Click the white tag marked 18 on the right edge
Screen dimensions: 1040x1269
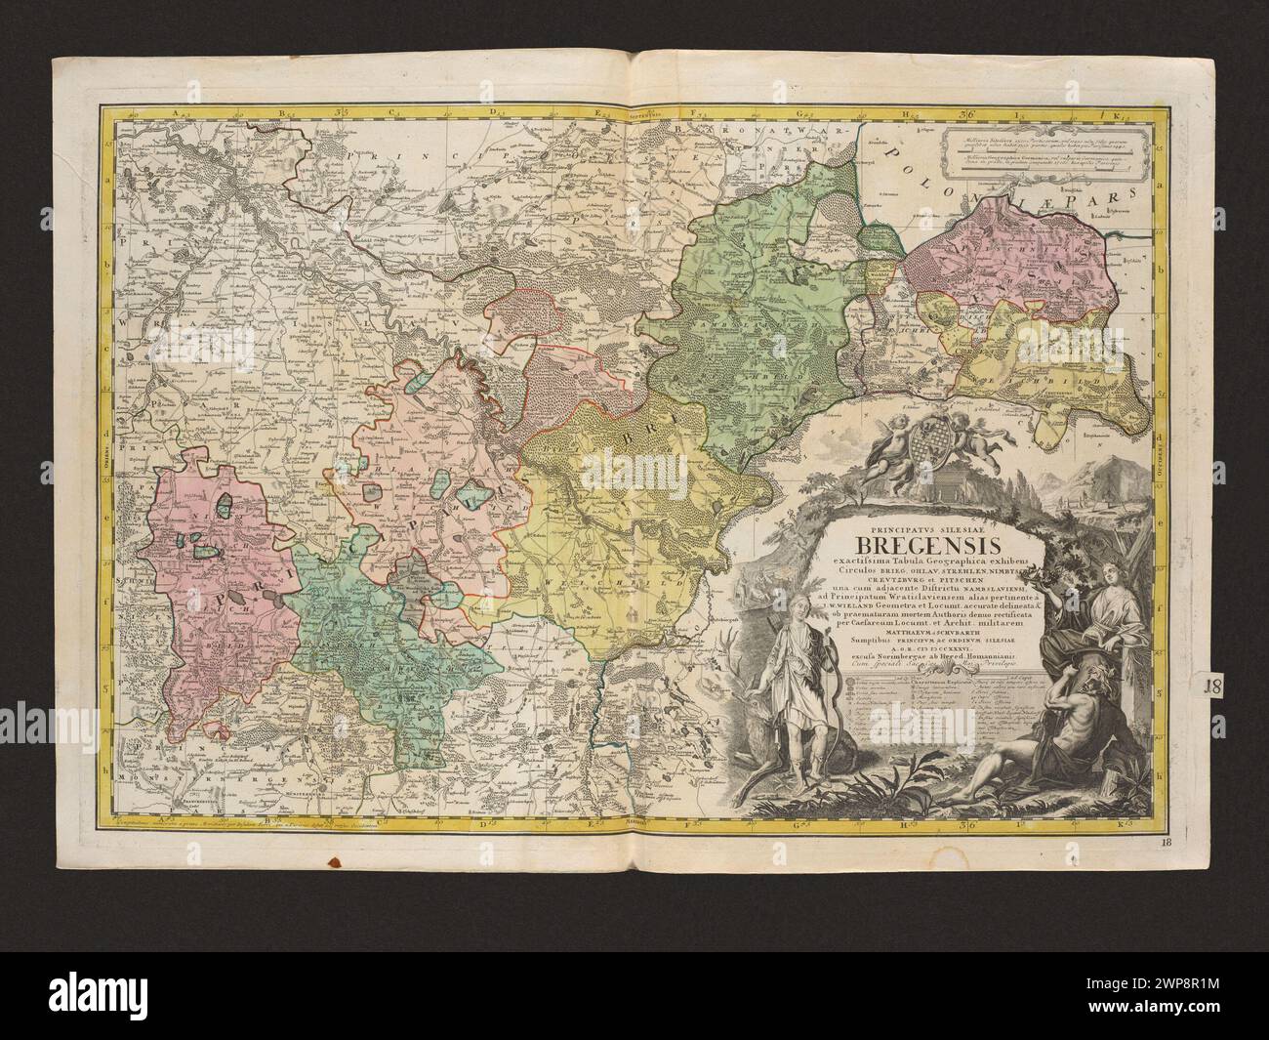click(x=1215, y=685)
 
